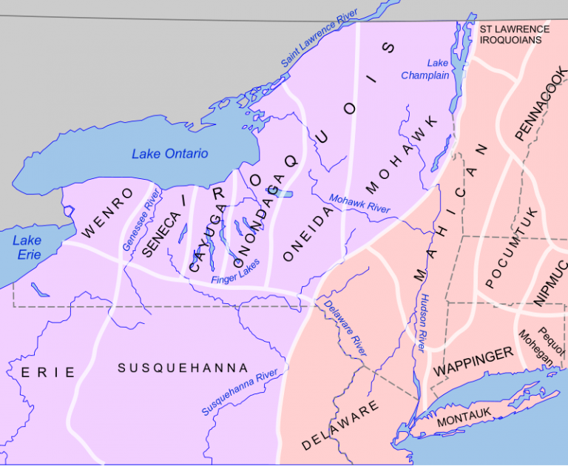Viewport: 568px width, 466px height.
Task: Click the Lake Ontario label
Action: [x=169, y=154]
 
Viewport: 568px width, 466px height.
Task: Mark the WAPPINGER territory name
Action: [x=473, y=361]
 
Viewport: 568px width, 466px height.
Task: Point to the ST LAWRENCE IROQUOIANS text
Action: [x=514, y=35]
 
